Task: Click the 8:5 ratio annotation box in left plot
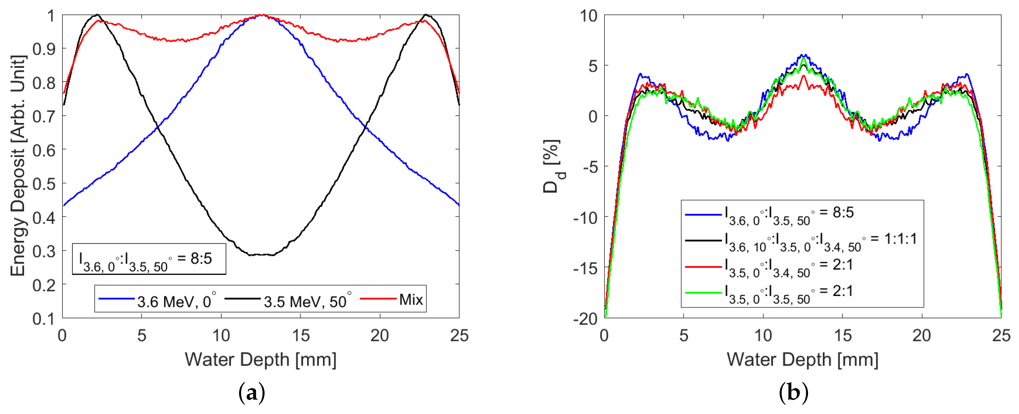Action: pos(149,259)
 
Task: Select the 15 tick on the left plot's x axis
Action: pos(300,336)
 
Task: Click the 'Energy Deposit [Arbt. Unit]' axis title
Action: pos(18,166)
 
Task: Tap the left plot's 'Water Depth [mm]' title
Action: pos(260,360)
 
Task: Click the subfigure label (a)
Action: pos(252,393)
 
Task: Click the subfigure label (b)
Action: pos(793,393)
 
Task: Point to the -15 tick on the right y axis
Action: pos(585,268)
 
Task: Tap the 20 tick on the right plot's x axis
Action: pos(921,336)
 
